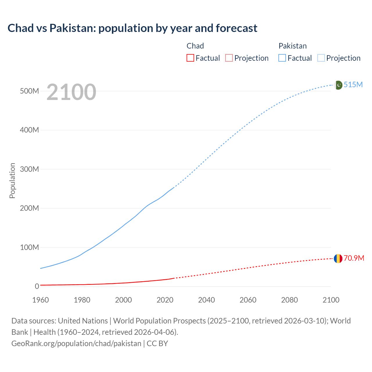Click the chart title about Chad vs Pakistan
(132, 28)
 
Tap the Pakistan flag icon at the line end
(338, 85)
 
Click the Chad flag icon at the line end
(338, 258)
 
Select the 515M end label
(353, 85)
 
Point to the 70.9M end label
(354, 258)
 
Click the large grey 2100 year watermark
(71, 92)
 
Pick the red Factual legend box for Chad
(190, 58)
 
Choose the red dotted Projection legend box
(229, 58)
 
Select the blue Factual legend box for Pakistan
(282, 58)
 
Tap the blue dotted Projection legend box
(321, 58)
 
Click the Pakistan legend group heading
(292, 46)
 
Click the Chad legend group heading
(195, 46)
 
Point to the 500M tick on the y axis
(29, 91)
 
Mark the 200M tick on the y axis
(29, 208)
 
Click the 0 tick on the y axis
(37, 286)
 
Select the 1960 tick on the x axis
(40, 300)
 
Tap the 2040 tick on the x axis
(206, 300)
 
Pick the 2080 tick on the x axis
(289, 300)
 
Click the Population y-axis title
(12, 180)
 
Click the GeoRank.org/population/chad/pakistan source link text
(76, 343)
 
